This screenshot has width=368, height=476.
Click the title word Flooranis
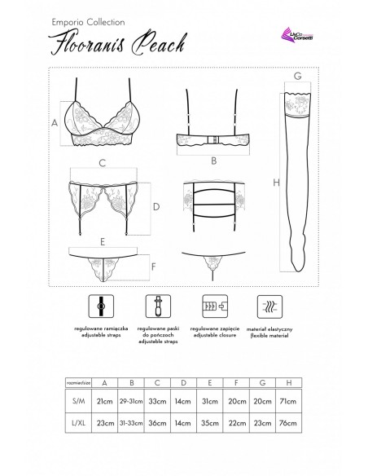(85, 42)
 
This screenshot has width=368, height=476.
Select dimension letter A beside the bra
(54, 122)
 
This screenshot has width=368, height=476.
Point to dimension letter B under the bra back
(212, 161)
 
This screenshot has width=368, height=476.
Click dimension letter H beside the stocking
(276, 184)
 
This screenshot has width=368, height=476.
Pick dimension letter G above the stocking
(299, 75)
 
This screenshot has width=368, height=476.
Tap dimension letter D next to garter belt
(156, 207)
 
